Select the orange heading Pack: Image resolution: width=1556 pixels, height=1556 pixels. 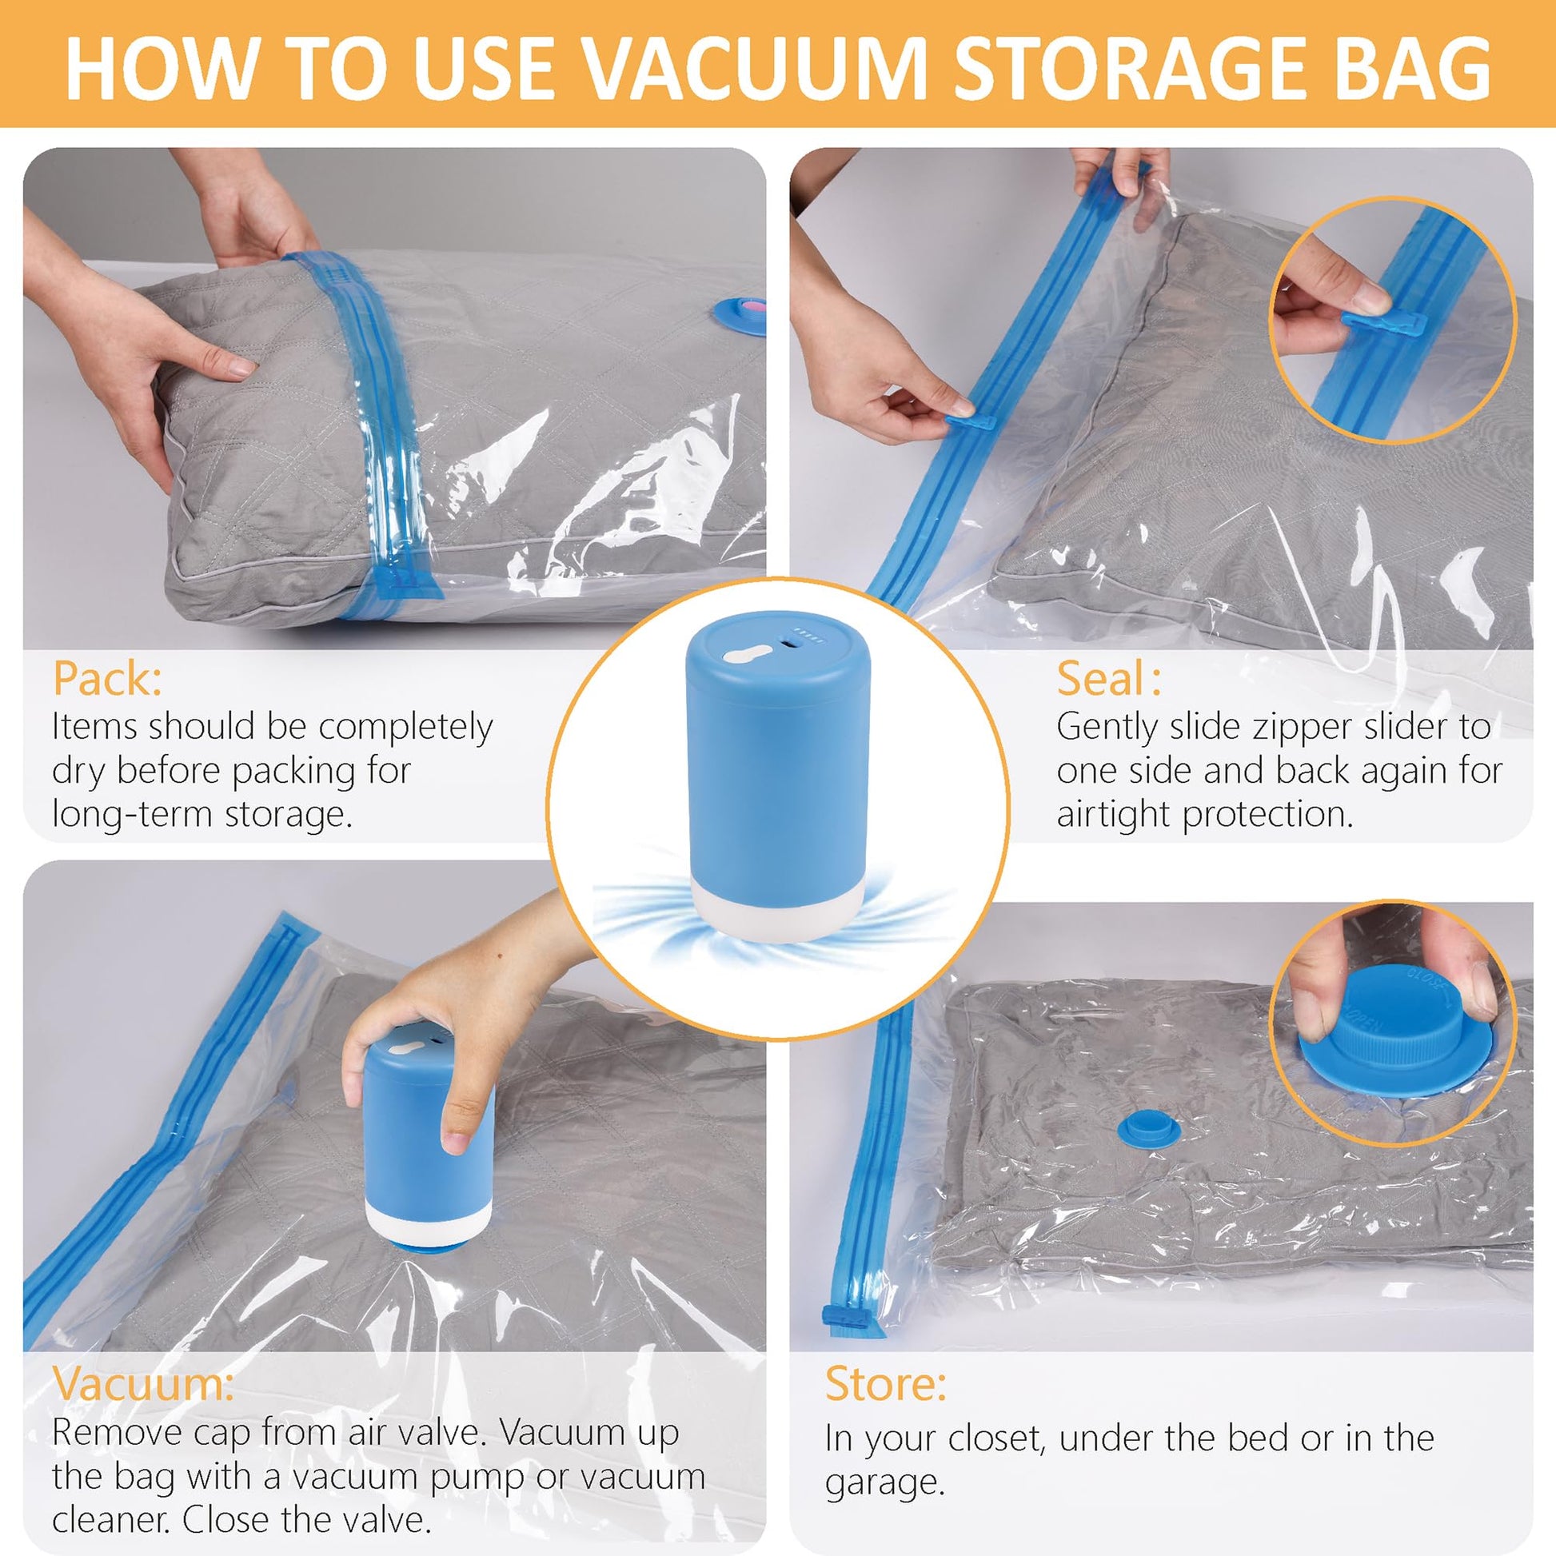pyautogui.click(x=107, y=679)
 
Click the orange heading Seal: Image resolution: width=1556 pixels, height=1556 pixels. pyautogui.click(x=1109, y=678)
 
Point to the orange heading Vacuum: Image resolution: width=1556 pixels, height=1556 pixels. pyautogui.click(x=143, y=1384)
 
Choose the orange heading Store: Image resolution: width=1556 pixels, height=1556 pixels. pyautogui.click(x=885, y=1384)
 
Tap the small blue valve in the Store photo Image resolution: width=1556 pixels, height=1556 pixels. pyautogui.click(x=1148, y=1128)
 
